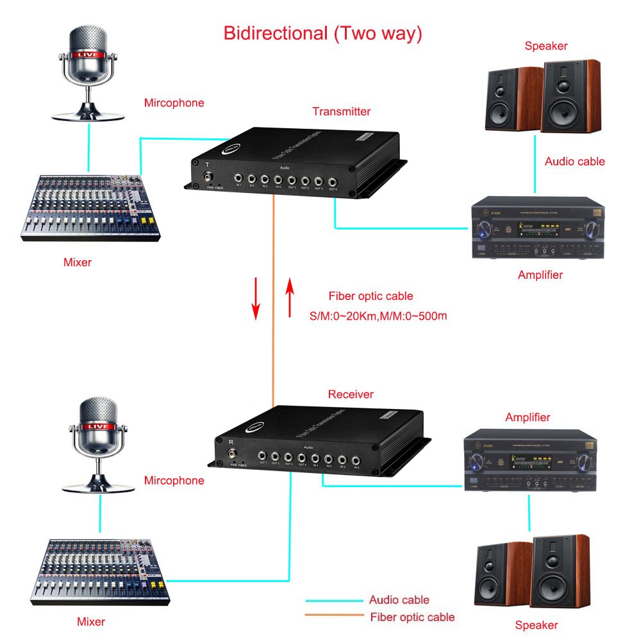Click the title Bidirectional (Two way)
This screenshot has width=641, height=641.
[x=322, y=33]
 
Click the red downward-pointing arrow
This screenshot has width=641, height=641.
[x=256, y=298]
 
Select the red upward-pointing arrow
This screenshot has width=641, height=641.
[x=290, y=298]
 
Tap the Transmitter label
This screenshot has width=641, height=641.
[x=341, y=112]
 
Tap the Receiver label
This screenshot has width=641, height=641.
[x=351, y=394]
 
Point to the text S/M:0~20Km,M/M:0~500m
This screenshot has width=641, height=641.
[x=378, y=315]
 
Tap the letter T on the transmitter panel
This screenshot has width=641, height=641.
[x=207, y=163]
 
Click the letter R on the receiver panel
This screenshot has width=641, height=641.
[x=231, y=441]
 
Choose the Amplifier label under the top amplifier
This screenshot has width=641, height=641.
[x=540, y=275]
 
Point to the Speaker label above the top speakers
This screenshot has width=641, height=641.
[x=546, y=46]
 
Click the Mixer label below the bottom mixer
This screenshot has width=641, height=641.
[x=91, y=621]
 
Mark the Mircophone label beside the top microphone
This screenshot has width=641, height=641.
[x=174, y=103]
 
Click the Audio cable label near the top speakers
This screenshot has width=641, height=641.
[x=574, y=162]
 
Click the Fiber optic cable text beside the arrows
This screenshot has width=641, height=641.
[x=370, y=296]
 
